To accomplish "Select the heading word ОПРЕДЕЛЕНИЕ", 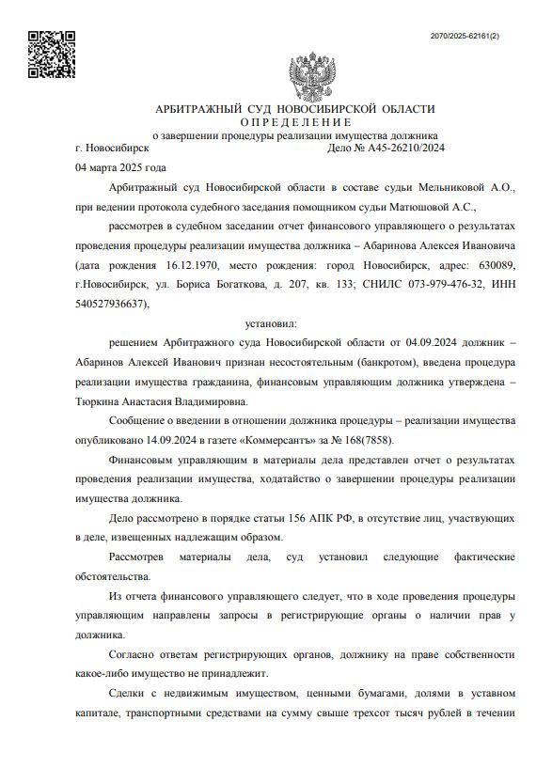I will [x=295, y=122].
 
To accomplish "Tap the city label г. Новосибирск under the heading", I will [x=111, y=148].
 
